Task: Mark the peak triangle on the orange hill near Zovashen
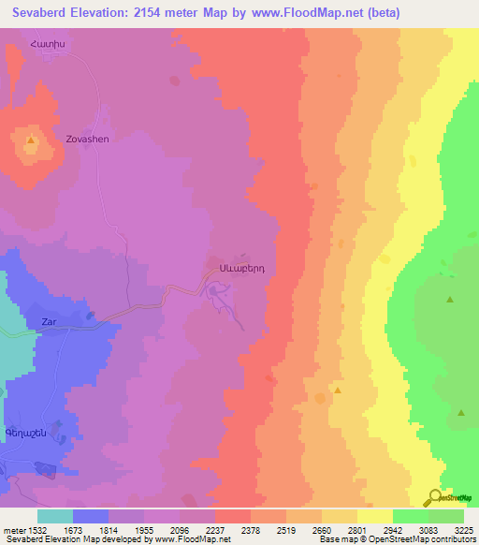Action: pos(31,141)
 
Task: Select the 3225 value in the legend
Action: pos(463,529)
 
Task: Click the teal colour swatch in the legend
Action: pos(54,516)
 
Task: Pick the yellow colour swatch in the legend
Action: pos(374,516)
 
